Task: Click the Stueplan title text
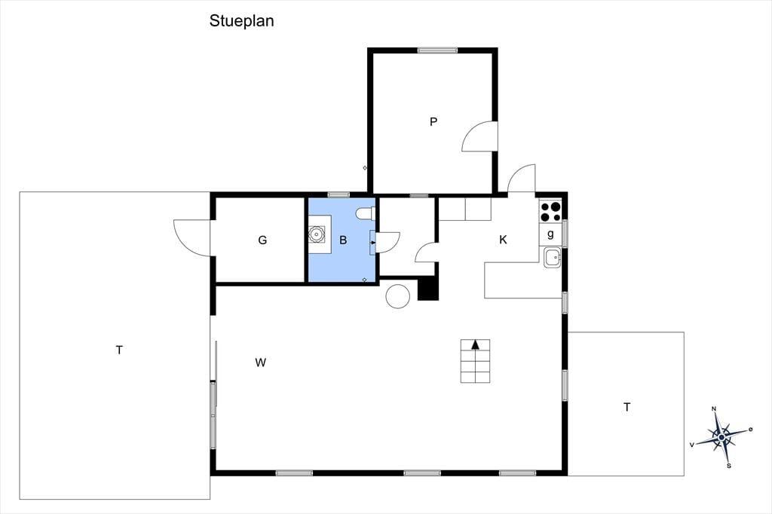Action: (x=241, y=21)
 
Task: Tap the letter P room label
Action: (x=433, y=121)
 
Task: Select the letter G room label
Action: (x=262, y=240)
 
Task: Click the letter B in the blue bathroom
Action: (x=343, y=240)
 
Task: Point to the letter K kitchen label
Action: (x=503, y=240)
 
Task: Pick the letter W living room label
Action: (x=260, y=363)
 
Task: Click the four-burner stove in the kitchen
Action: (x=550, y=211)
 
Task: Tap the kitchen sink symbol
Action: (x=553, y=258)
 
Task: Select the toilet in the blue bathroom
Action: (x=366, y=214)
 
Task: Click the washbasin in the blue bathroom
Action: (x=316, y=234)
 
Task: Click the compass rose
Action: (x=721, y=436)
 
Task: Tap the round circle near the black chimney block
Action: (x=398, y=296)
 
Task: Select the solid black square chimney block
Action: (x=428, y=289)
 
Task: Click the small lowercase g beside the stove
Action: (x=550, y=234)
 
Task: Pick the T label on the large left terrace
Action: (x=119, y=350)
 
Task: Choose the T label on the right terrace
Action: (x=626, y=407)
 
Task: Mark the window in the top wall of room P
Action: (x=438, y=50)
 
